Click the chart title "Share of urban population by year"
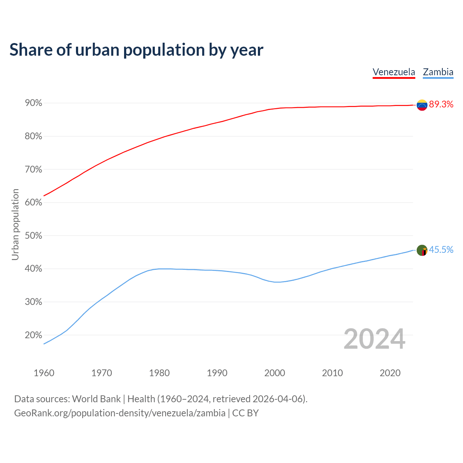pyautogui.click(x=136, y=50)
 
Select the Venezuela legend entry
pyautogui.click(x=394, y=72)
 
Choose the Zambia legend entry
pyautogui.click(x=438, y=72)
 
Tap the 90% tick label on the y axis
pyautogui.click(x=33, y=103)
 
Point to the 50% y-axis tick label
pyautogui.click(x=33, y=236)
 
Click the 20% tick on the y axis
pyautogui.click(x=33, y=335)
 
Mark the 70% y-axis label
pyautogui.click(x=33, y=170)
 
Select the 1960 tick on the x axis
pyautogui.click(x=44, y=373)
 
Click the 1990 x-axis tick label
pyautogui.click(x=217, y=373)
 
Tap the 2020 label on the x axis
pyautogui.click(x=390, y=373)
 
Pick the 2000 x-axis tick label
pyautogui.click(x=275, y=373)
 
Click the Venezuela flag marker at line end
pyautogui.click(x=422, y=105)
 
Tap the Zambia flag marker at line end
pyautogui.click(x=422, y=250)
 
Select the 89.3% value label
pyautogui.click(x=441, y=105)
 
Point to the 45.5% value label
pyautogui.click(x=441, y=250)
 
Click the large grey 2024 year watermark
pyautogui.click(x=374, y=339)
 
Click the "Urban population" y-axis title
pyautogui.click(x=15, y=224)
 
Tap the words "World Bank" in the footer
pyautogui.click(x=96, y=399)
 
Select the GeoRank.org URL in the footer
pyautogui.click(x=120, y=413)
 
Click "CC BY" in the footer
pyautogui.click(x=245, y=413)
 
